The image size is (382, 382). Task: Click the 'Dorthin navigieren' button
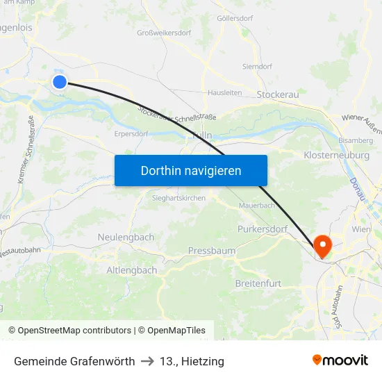(x=190, y=170)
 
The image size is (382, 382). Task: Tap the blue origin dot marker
(x=59, y=82)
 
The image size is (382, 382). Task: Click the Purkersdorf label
(x=263, y=229)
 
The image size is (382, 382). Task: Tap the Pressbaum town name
(x=211, y=250)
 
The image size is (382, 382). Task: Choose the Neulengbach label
(x=126, y=237)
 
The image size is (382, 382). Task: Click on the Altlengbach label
(x=131, y=269)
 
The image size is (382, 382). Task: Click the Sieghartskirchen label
(x=178, y=198)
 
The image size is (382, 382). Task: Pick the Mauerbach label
(x=257, y=206)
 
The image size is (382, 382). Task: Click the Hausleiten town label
(x=224, y=92)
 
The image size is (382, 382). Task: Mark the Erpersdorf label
(x=131, y=135)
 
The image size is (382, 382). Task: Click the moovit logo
(x=340, y=360)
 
